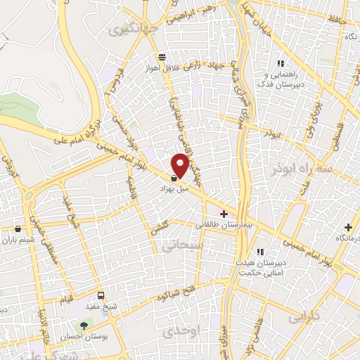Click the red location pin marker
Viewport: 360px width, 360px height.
pos(181,165)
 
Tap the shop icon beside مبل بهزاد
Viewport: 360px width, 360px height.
pos(174,179)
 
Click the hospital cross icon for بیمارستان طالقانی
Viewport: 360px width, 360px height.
pos(224,214)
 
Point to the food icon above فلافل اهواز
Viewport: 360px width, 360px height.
pos(162,57)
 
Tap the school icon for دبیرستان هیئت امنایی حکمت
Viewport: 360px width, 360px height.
pos(259,252)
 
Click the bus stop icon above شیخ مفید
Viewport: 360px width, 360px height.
pos(101,295)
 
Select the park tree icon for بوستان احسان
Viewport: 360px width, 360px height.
pos(85,326)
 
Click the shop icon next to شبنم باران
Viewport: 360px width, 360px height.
pos(18,229)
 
